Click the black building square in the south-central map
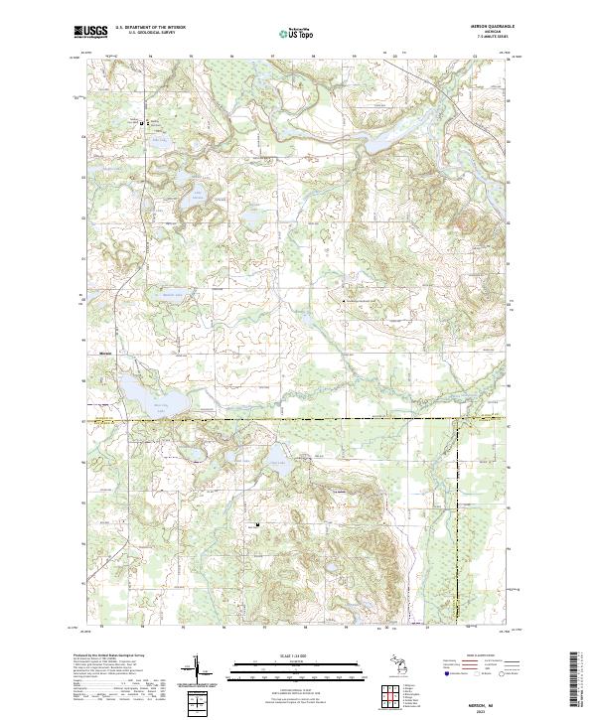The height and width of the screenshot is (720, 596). click(257, 524)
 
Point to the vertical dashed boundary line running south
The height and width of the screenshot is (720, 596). click(458, 516)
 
